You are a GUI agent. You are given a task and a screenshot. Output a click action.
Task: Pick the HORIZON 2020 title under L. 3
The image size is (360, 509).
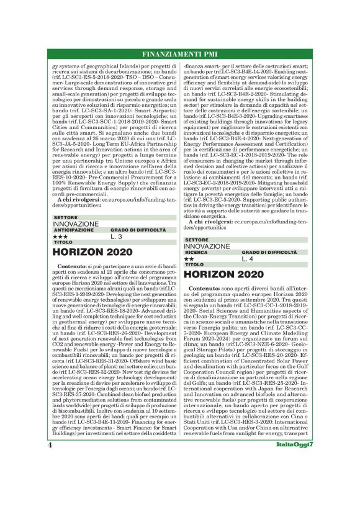point(92,253)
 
